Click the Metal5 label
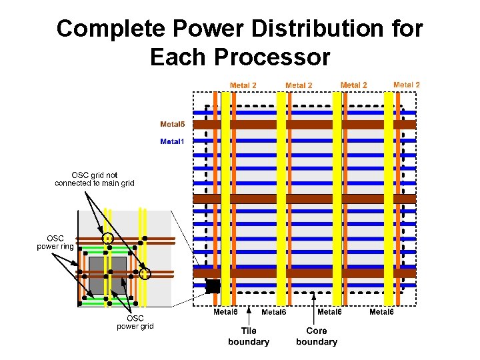[172, 125]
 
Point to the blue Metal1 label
[172, 141]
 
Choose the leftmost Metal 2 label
[243, 85]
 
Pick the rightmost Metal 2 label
[407, 85]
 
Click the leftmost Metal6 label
[225, 311]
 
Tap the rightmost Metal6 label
[382, 312]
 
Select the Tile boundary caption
[249, 336]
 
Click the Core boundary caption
[317, 336]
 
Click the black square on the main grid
[213, 287]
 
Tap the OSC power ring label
[55, 243]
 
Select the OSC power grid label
[135, 322]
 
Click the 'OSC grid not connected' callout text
[95, 179]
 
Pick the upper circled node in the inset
[107, 238]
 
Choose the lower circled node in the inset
[145, 273]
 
